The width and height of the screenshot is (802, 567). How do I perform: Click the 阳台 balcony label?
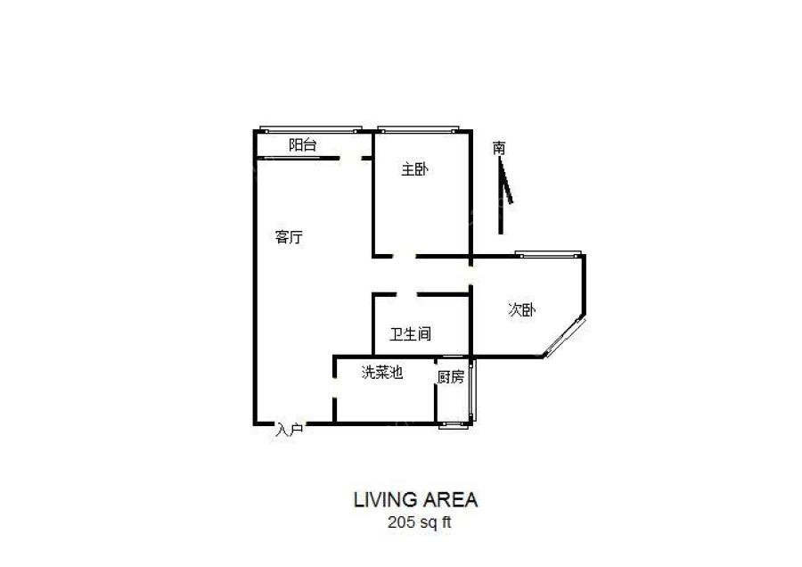point(302,145)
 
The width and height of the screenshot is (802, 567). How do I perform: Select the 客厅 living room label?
point(289,237)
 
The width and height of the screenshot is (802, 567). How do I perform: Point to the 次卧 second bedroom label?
point(522,310)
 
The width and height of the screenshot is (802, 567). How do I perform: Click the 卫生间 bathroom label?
point(411,334)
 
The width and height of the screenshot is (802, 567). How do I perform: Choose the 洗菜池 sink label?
point(382,373)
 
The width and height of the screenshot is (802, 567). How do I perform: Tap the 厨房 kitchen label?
point(451,377)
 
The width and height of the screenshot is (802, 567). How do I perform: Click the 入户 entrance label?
point(290,430)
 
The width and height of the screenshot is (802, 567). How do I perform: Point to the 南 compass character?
point(499,148)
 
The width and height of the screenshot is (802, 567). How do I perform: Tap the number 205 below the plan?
point(400,523)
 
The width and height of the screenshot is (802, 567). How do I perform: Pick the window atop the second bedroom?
point(547,255)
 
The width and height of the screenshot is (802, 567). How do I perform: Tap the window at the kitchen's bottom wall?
point(454,424)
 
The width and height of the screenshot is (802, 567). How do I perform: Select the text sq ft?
point(434,523)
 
